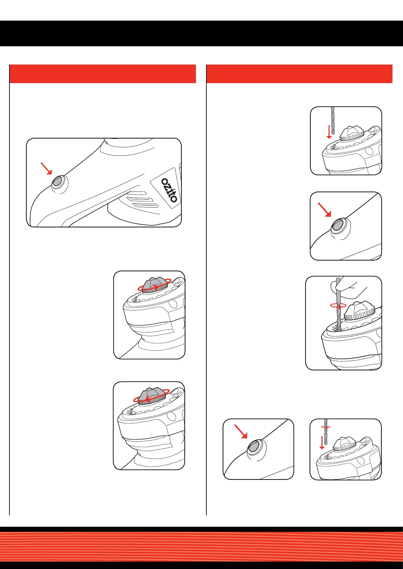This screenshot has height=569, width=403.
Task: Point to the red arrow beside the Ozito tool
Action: coord(46,169)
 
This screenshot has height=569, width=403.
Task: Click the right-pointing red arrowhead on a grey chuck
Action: coord(156,287)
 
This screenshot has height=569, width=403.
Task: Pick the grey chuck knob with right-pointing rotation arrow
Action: coord(154,286)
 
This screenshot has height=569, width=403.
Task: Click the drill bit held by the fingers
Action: coord(338,304)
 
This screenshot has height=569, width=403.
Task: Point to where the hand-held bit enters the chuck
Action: coord(338,330)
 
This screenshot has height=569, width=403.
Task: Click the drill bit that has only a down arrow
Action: coord(333,120)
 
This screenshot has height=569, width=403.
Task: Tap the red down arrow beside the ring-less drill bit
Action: coord(329,132)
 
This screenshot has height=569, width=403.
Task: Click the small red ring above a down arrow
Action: coord(326,427)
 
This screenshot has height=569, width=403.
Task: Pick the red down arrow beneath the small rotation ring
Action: coord(322,443)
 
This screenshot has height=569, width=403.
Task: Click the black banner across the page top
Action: coord(202,33)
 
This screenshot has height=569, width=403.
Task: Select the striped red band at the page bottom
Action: coord(202,546)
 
